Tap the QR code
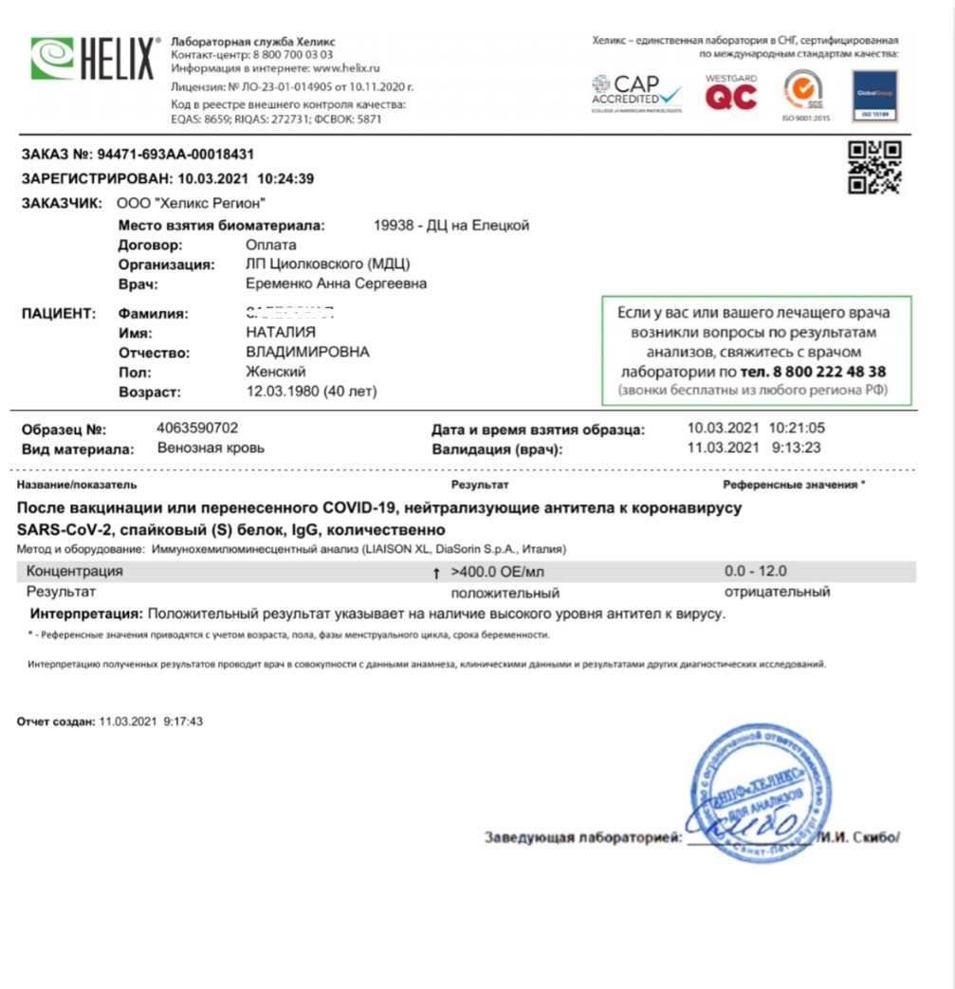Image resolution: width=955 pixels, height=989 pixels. tap(873, 168)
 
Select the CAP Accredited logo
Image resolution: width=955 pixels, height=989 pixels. tap(636, 93)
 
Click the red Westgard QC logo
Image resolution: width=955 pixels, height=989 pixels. tap(731, 93)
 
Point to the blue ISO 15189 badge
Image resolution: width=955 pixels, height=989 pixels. tap(874, 96)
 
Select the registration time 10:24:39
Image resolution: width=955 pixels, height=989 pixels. tap(285, 178)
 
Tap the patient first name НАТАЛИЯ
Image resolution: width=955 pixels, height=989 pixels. tap(281, 333)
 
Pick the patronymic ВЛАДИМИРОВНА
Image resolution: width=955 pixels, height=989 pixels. tap(307, 352)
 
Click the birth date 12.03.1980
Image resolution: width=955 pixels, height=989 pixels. tap(282, 391)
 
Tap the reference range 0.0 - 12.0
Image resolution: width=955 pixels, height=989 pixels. tap(755, 572)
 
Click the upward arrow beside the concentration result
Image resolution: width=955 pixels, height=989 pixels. tap(436, 573)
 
